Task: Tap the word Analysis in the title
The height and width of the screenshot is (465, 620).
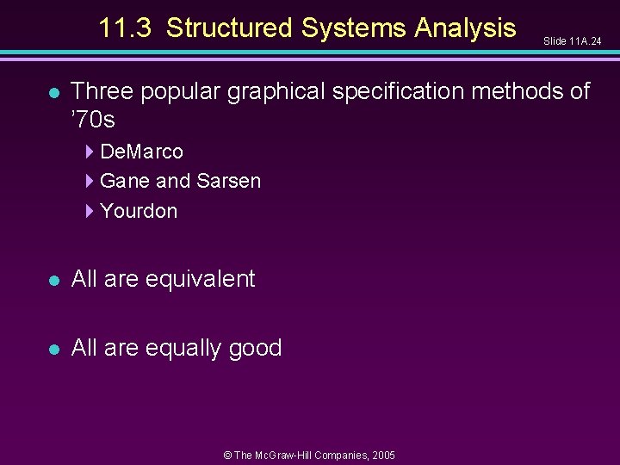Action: (465, 28)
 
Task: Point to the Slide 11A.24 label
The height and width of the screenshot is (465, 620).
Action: (572, 41)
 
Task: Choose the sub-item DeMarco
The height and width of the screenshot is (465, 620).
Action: (141, 152)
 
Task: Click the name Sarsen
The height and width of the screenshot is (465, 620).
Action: (228, 181)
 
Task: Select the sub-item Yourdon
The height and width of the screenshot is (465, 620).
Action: (139, 211)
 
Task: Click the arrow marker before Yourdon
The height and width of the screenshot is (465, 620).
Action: (90, 211)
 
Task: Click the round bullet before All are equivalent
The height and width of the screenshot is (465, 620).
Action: (54, 281)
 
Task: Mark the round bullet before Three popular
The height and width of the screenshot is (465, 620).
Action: (54, 92)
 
